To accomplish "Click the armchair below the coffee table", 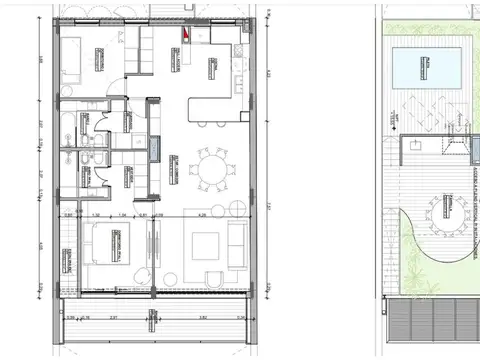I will pyautogui.click(x=205, y=279).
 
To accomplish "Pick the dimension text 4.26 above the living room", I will pyautogui.click(x=202, y=213).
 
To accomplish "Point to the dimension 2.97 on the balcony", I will pyautogui.click(x=114, y=318).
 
